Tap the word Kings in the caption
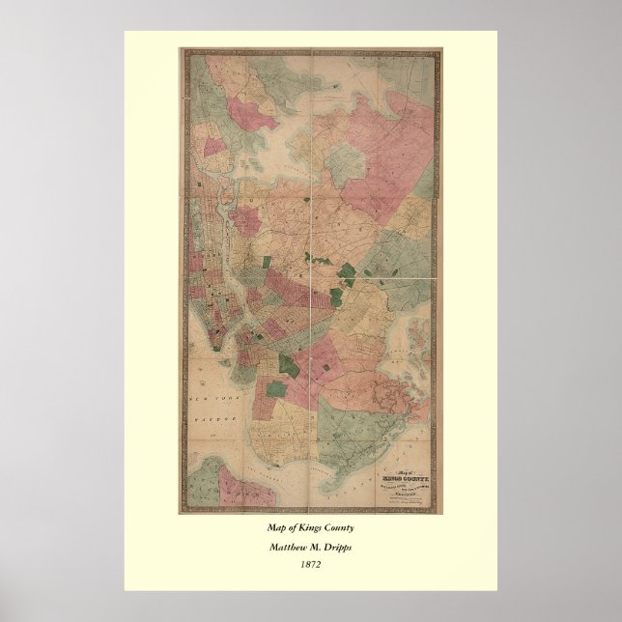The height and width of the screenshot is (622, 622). pos(307,528)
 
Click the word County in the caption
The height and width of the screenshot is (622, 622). pos(338,528)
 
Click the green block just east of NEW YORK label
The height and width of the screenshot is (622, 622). pos(287,365)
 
